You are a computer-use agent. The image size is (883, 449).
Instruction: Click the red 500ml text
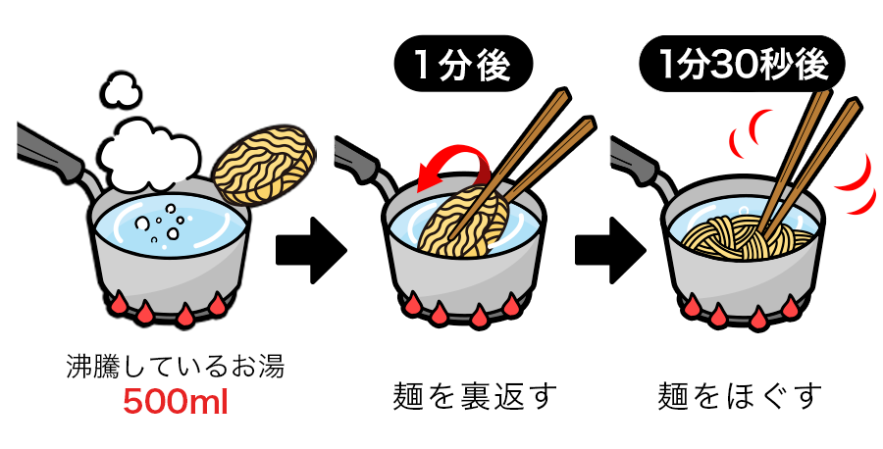(176, 402)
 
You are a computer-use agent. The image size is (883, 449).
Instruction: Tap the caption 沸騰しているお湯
(176, 367)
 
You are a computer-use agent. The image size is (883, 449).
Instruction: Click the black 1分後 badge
(463, 64)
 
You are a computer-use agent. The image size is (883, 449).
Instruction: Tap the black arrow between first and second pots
(311, 251)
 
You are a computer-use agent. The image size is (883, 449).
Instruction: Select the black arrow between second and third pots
(610, 251)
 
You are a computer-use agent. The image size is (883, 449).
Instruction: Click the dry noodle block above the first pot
(264, 165)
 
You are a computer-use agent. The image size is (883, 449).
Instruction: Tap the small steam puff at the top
(121, 91)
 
